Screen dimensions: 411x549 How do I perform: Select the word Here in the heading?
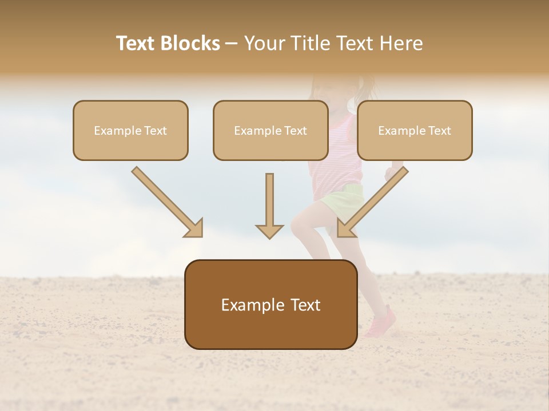[401, 43]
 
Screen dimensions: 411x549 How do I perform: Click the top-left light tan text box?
[130, 130]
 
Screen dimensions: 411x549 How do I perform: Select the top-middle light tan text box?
[270, 130]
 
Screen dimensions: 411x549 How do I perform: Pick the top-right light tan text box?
[415, 130]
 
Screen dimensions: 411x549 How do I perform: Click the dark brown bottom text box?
[270, 304]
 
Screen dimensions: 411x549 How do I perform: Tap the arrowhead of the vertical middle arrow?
[269, 231]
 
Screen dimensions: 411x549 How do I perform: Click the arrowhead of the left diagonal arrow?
[194, 228]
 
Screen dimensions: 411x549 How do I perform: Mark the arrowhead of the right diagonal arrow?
[345, 228]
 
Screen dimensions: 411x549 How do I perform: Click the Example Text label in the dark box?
[270, 305]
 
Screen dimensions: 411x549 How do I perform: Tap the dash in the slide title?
[232, 43]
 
